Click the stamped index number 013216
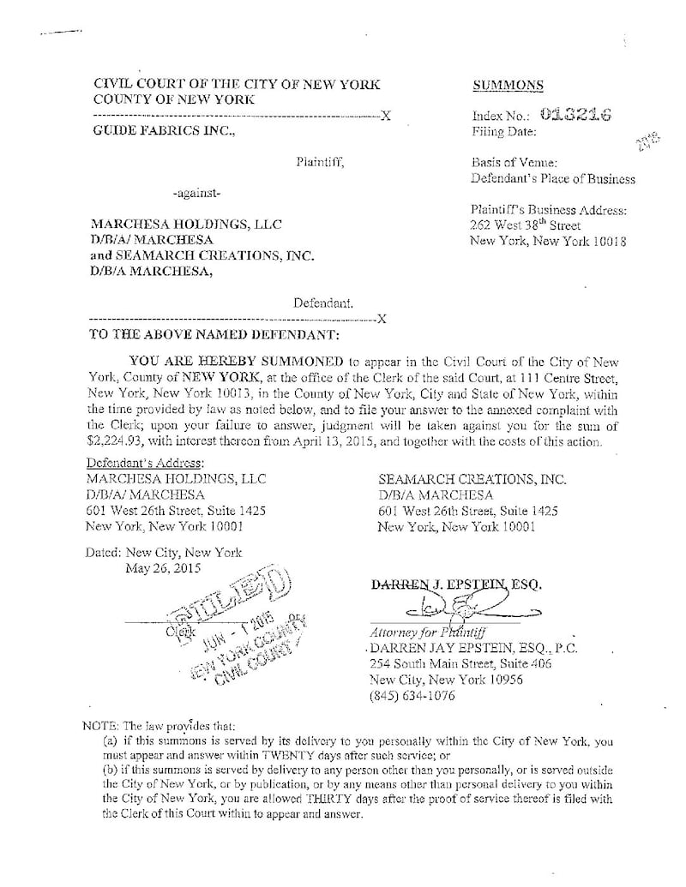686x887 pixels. click(575, 116)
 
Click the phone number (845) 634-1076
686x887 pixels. click(412, 696)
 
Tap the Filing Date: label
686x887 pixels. click(504, 132)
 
